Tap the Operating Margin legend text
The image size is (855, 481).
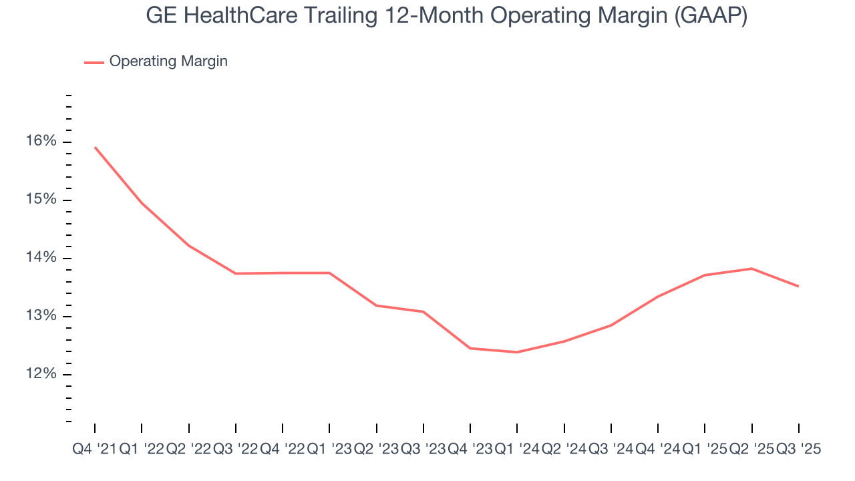[x=168, y=61]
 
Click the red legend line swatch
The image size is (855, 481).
[x=94, y=62]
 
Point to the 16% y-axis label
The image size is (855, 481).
[x=42, y=141]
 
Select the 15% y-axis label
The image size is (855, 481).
[x=42, y=200]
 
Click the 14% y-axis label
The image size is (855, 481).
[x=42, y=258]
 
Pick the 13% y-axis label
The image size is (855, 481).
[x=42, y=316]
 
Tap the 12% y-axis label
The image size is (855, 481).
[x=42, y=374]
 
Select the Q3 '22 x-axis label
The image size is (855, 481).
[x=235, y=450]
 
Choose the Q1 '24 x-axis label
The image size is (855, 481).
[x=517, y=450]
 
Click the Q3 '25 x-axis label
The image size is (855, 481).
[x=798, y=450]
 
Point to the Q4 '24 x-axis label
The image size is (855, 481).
[x=658, y=450]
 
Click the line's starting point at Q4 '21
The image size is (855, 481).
[x=95, y=147]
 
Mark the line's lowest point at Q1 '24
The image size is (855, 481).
[x=517, y=352]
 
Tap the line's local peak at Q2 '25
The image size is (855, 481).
[x=752, y=269]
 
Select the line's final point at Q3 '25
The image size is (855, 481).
[x=799, y=286]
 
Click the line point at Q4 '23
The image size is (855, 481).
[x=470, y=348]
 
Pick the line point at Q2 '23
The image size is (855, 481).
[x=377, y=305]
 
